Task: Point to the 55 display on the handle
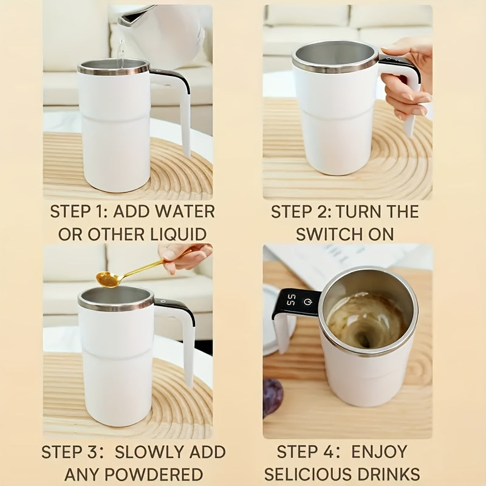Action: pos(292,300)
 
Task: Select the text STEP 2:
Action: pos(300,212)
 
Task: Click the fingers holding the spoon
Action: pos(185,255)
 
